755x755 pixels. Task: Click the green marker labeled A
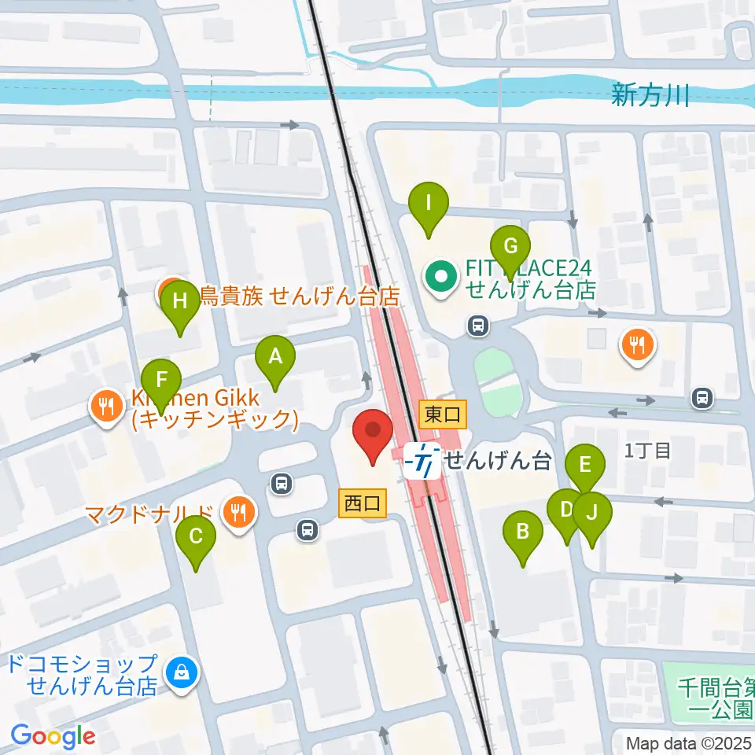coord(275,358)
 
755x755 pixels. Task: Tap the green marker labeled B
coord(523,533)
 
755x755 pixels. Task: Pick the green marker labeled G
coord(510,247)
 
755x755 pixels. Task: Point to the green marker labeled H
coord(180,302)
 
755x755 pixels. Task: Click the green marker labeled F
coord(161,381)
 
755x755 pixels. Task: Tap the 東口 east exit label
coord(443,414)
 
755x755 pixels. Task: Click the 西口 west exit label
coord(363,503)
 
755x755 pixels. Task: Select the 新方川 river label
coord(650,96)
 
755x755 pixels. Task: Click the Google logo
coord(53,736)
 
